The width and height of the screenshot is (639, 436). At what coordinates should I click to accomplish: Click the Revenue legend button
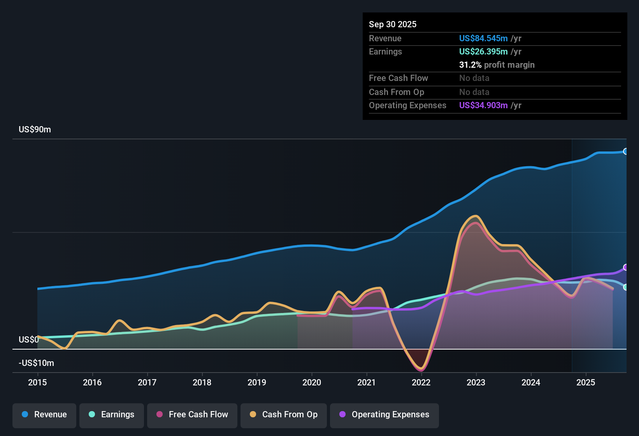[44, 415]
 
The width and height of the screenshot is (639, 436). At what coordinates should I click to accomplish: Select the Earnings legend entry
[112, 415]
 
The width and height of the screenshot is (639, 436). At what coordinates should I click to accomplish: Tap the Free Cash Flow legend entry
[192, 415]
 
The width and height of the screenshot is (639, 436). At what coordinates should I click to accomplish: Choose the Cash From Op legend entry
[284, 415]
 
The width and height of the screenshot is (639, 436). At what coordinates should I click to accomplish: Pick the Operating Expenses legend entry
[384, 415]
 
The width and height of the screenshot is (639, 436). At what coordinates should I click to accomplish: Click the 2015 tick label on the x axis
[37, 382]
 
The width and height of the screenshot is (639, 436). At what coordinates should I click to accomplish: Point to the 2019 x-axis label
[257, 382]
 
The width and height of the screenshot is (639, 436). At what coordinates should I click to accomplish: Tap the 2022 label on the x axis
[421, 382]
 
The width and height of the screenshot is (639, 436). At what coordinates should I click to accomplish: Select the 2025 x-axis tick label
[586, 382]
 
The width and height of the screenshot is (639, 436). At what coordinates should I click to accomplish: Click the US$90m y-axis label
[35, 130]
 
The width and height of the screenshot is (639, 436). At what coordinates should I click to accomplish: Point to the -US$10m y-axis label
[36, 363]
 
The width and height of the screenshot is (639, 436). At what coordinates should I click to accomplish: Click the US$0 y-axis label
[28, 340]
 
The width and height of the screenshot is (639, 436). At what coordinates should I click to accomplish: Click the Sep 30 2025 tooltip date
[393, 24]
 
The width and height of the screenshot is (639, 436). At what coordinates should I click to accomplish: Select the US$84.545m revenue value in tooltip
[483, 38]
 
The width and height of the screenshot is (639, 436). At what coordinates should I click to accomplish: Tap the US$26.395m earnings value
[483, 51]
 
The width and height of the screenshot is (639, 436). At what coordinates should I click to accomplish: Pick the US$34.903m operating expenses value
[483, 105]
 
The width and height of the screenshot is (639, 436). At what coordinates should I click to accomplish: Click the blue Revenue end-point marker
[625, 151]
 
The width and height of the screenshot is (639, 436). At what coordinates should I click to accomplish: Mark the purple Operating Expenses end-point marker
[625, 267]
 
